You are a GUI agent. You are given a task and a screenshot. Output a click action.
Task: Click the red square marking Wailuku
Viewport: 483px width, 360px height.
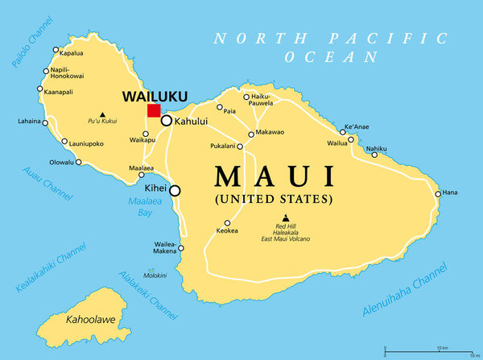(154, 110)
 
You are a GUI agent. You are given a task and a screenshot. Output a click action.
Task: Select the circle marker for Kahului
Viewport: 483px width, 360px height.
(167, 121)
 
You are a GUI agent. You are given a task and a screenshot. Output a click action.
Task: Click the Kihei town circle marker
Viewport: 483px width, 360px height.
(174, 191)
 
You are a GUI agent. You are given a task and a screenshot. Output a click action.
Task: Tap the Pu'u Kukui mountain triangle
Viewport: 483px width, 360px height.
(101, 114)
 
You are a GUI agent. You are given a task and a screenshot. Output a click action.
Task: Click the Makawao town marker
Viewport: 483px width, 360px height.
(251, 134)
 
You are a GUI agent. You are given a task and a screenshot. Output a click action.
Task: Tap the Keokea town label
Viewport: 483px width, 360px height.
(227, 231)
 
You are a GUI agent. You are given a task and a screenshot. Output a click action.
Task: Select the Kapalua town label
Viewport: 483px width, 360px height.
(72, 53)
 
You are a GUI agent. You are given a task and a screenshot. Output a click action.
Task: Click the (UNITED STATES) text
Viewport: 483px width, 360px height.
(273, 197)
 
